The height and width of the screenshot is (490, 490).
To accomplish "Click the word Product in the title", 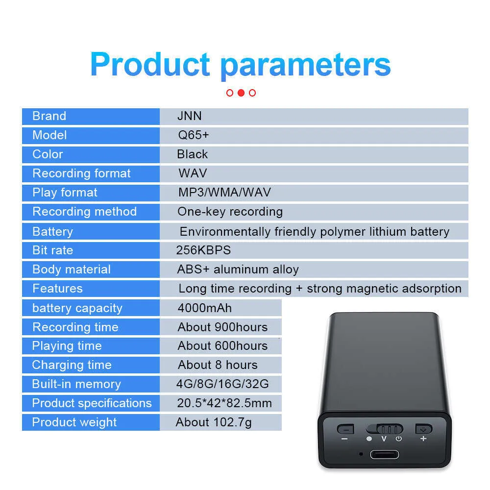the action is pyautogui.click(x=150, y=64).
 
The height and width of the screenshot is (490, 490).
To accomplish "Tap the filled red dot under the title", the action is pyautogui.click(x=241, y=93).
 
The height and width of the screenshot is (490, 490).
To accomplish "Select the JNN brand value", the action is pyautogui.click(x=189, y=116).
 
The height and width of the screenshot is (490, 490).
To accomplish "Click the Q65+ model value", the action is pyautogui.click(x=193, y=135).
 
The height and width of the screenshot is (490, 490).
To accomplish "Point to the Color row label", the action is pyautogui.click(x=48, y=154).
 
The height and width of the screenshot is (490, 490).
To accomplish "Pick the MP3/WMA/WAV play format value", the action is pyautogui.click(x=224, y=192).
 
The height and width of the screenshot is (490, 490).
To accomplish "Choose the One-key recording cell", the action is pyautogui.click(x=230, y=212).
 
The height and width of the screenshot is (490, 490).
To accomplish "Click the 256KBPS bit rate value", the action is pyautogui.click(x=203, y=250).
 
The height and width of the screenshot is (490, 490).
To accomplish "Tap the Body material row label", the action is pyautogui.click(x=72, y=269).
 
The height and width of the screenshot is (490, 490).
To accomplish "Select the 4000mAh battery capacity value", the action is pyautogui.click(x=205, y=308).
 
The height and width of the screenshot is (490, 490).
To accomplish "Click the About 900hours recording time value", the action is pyautogui.click(x=222, y=327).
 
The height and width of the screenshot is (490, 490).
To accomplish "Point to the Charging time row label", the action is pyautogui.click(x=72, y=365).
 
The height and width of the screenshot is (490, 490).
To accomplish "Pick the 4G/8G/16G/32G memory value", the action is pyautogui.click(x=222, y=384).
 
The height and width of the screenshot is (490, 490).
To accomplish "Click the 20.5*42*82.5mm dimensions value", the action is pyautogui.click(x=224, y=403).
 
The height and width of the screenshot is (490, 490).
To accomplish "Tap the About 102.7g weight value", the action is pyautogui.click(x=214, y=422).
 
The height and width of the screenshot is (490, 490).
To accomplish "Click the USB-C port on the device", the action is pyautogui.click(x=384, y=454).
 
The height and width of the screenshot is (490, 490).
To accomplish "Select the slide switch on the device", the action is pyautogui.click(x=385, y=429).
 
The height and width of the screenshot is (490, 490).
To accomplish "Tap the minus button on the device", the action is pyautogui.click(x=345, y=429).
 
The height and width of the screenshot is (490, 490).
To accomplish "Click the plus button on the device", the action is pyautogui.click(x=424, y=429).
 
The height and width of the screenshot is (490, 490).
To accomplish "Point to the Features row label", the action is pyautogui.click(x=57, y=289).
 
